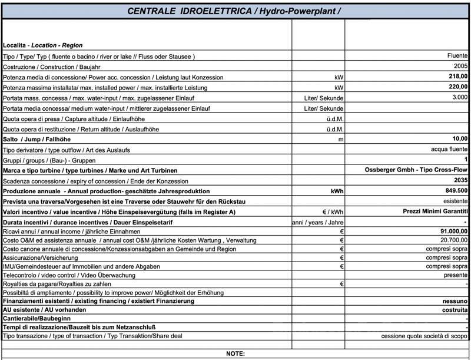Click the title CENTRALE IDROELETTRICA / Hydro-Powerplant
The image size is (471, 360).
point(234,11)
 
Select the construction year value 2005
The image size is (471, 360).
point(460,66)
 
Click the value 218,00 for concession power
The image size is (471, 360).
point(457,77)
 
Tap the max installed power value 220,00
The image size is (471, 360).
point(457,87)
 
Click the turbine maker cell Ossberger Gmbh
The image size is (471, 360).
point(416,170)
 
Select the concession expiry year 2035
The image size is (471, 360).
point(460,180)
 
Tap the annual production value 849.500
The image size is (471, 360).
point(457,191)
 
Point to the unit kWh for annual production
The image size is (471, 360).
point(336,191)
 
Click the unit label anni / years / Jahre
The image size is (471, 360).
point(318,222)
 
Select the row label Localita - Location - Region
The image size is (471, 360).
point(43,45)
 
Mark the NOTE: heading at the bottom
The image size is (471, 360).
point(235,354)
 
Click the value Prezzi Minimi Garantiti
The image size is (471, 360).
point(436,212)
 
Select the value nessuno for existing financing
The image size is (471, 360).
point(455,301)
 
